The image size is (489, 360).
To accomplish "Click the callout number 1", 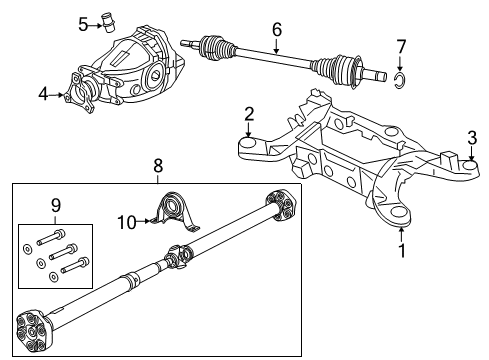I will (x=401, y=251).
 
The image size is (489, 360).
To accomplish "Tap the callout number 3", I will (x=470, y=136).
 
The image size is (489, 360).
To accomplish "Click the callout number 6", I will (x=277, y=30).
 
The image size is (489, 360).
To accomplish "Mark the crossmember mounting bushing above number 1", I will (x=394, y=209).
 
